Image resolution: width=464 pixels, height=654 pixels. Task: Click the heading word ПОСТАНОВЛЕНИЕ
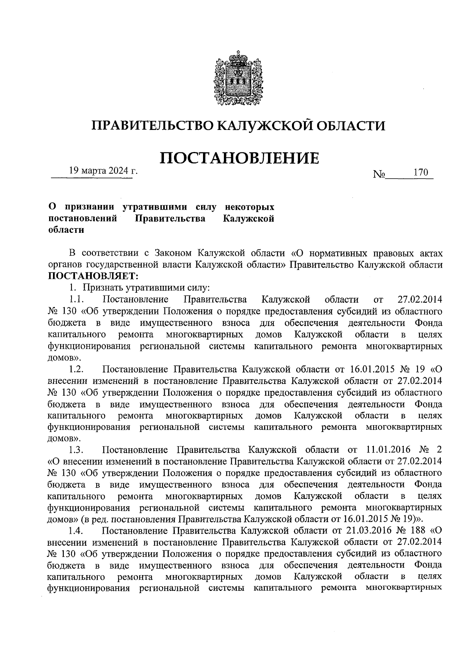[240, 158]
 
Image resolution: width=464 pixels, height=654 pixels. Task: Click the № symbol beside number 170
[379, 175]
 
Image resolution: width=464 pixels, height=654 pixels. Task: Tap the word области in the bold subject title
[66, 230]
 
